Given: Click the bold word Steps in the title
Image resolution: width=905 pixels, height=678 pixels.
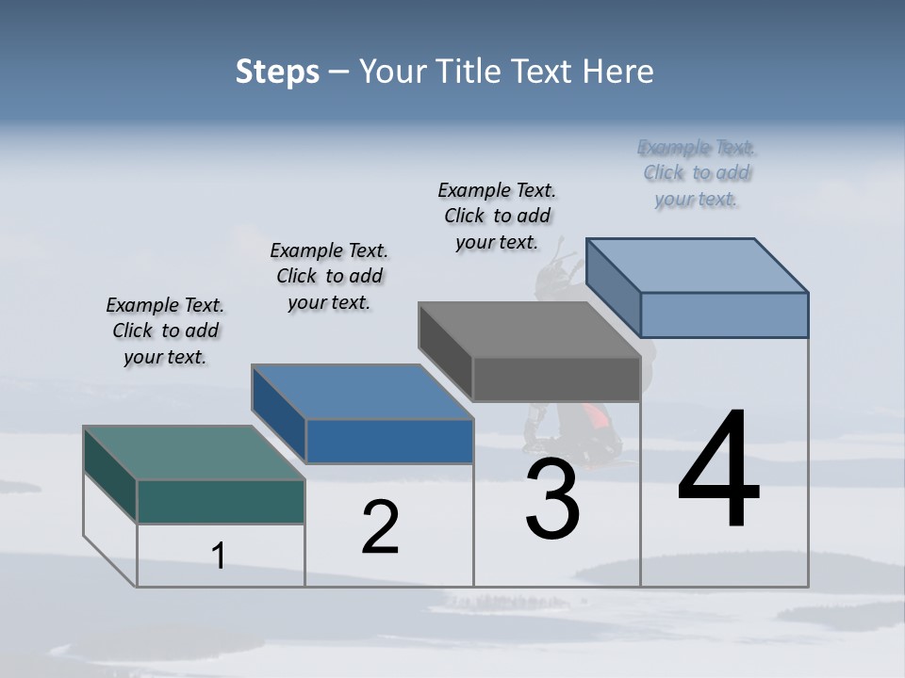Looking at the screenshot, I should (x=277, y=72).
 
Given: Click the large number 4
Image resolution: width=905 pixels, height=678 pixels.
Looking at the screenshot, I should (x=718, y=470).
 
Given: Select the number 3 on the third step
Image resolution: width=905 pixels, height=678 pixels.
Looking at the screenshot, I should (x=552, y=499).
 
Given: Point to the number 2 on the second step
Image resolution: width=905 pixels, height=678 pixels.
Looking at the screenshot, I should (x=380, y=527).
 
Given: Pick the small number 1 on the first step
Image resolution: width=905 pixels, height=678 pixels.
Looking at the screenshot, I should (x=218, y=557).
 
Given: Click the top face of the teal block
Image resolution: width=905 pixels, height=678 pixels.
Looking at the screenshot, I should (x=193, y=453).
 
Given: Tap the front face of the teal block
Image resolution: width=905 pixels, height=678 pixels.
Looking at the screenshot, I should (x=221, y=501).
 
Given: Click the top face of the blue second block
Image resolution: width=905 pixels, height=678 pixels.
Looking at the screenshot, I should (x=362, y=392).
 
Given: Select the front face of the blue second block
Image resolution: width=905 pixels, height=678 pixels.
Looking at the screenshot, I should (x=389, y=441).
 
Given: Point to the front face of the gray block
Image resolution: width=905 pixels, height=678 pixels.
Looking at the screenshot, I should (x=556, y=379).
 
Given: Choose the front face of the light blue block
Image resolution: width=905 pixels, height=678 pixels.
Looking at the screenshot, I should (x=724, y=315).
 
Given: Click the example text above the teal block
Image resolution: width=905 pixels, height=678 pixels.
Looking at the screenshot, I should (x=165, y=331).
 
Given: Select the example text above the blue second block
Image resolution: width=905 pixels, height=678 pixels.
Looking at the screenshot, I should (x=329, y=276).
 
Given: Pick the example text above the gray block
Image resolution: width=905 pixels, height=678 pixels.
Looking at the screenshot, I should (x=497, y=216).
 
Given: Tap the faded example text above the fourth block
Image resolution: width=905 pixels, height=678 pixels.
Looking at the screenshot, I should (x=697, y=173).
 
